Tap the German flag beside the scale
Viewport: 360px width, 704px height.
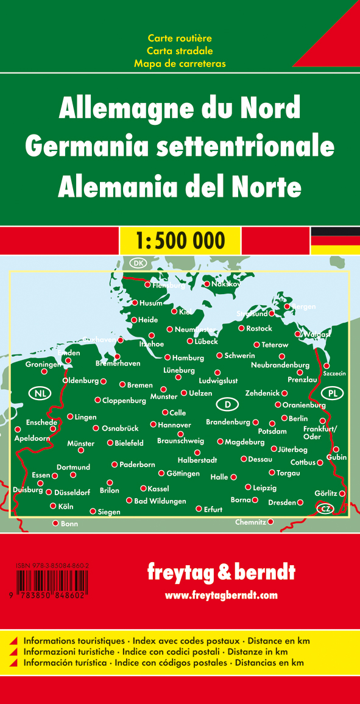335,240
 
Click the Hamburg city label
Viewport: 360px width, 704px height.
188,358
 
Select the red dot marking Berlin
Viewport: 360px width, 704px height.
284,418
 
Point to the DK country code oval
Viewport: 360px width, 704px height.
138,262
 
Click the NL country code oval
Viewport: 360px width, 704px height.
40,393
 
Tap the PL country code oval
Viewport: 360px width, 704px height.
332,393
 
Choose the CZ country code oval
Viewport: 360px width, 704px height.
325,509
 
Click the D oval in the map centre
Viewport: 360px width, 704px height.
227,404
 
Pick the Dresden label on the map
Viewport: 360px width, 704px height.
281,502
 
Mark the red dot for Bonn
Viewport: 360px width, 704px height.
55,523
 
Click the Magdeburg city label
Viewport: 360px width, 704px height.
244,442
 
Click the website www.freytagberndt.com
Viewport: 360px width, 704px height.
221,595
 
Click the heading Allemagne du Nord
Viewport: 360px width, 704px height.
179,108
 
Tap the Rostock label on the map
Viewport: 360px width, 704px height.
259,328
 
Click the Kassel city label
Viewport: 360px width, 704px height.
158,488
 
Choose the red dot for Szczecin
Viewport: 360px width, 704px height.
326,365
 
